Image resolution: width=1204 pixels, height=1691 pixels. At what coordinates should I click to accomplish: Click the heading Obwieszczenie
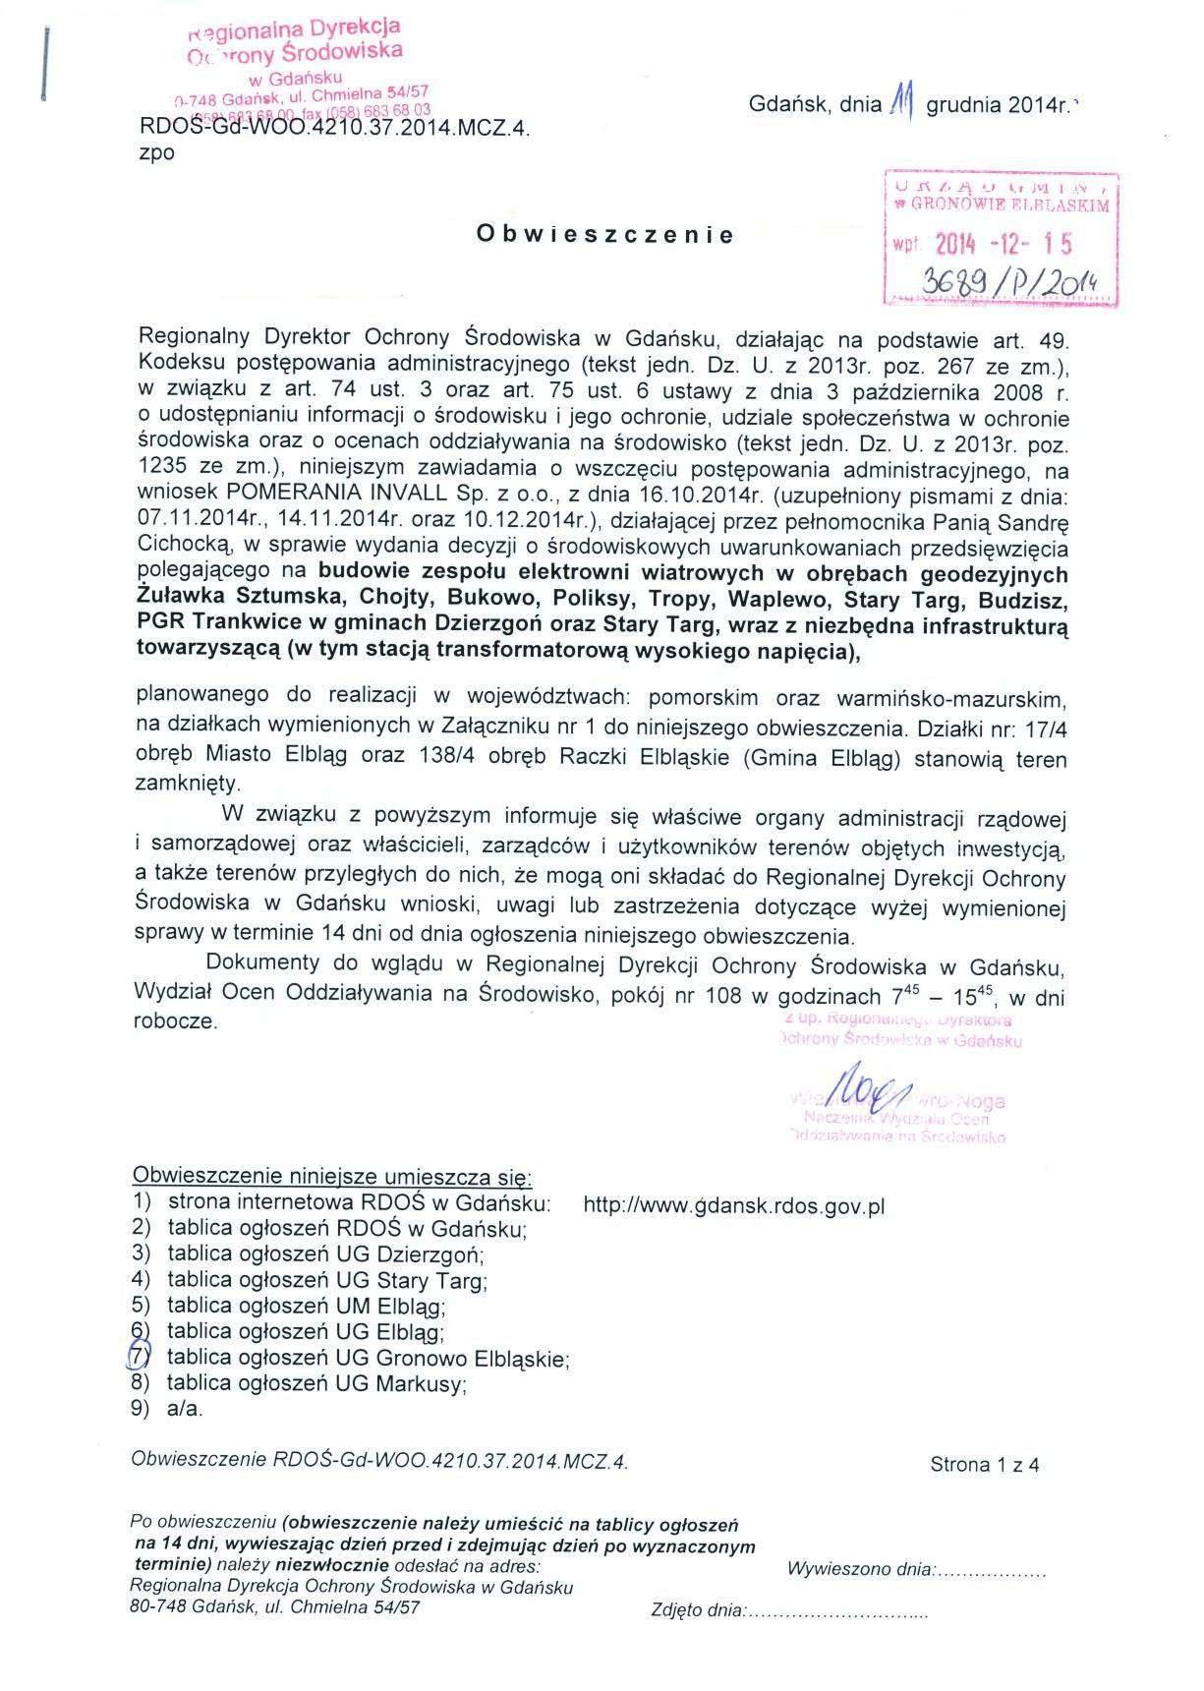604,235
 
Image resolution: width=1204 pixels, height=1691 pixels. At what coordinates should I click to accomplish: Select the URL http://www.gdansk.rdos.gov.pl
734,1205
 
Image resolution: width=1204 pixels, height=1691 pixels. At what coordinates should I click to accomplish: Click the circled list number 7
141,1358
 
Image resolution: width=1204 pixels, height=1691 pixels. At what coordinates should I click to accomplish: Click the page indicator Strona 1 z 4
984,1465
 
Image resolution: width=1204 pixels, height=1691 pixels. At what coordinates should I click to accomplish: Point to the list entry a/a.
185,1409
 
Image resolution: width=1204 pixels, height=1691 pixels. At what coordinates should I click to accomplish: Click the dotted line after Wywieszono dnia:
993,1570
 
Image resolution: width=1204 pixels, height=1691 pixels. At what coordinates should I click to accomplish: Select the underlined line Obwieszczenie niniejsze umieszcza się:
332,1176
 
